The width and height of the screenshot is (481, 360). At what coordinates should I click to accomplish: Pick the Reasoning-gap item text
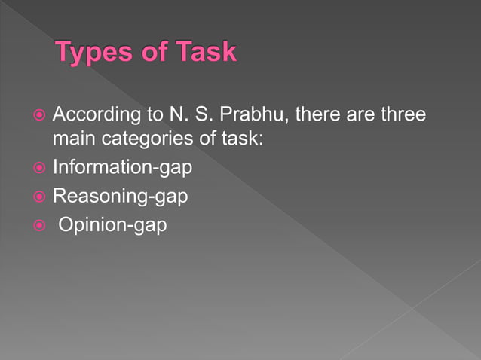(x=120, y=196)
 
